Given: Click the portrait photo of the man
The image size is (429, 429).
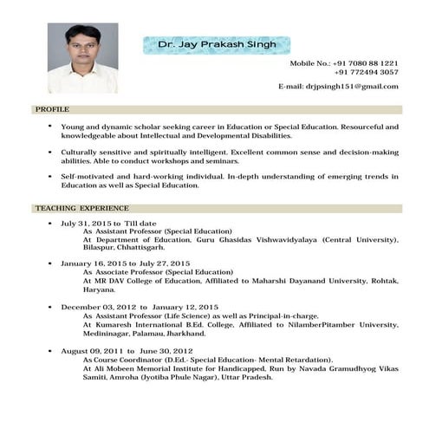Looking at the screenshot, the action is coord(82,57).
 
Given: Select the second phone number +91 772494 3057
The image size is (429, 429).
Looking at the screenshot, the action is coord(366,73).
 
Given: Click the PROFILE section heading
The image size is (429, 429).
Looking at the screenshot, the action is coord(51,111).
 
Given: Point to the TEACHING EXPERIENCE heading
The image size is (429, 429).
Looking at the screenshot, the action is coord(81,209).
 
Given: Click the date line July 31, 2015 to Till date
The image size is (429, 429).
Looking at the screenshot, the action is coord(108,223).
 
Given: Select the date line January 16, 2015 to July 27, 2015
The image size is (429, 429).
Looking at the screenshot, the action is coord(125,263).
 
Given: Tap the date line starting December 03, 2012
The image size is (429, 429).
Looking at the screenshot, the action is coord(139,307).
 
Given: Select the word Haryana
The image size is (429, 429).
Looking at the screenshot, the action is coord(99,289).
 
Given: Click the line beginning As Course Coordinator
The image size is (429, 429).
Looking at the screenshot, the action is coord(208,359).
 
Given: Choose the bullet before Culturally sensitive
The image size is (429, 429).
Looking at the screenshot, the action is coord(50,152).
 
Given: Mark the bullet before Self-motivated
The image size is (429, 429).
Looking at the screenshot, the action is coord(50,177).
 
